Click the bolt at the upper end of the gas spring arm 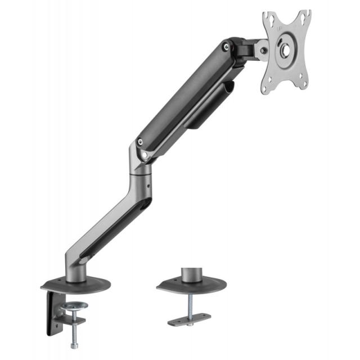226,47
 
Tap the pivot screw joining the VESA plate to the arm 262,51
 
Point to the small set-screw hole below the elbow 148,182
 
